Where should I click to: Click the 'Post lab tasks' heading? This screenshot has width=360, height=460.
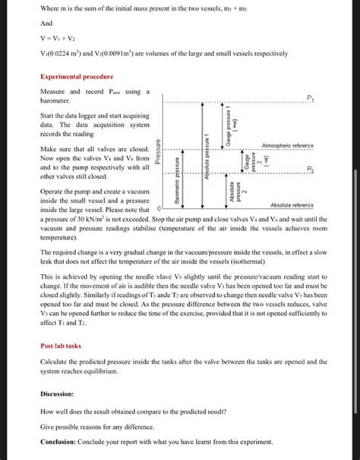(62, 344)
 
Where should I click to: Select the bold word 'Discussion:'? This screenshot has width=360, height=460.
(57, 394)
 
